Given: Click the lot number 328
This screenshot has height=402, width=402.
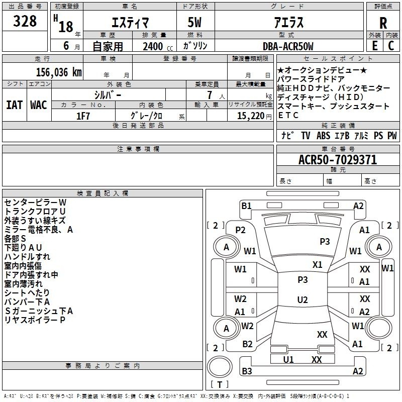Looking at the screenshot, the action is [25, 21].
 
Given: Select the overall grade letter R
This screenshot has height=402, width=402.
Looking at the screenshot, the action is [383, 23].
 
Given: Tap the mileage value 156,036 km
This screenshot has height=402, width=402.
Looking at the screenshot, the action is [59, 72].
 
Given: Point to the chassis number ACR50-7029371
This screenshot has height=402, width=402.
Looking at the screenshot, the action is [338, 160].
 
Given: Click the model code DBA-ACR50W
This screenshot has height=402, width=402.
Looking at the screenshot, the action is [288, 46].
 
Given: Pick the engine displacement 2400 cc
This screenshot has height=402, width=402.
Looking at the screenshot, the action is [158, 47].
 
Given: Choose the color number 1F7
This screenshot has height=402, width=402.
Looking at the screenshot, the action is [83, 116].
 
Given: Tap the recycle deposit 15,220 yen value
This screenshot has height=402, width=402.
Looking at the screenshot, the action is [254, 116].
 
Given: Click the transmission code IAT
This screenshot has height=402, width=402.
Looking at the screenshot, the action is [15, 105].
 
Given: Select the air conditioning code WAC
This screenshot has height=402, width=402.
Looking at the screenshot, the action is [39, 105].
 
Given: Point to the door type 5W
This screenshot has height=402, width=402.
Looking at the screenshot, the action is [194, 22].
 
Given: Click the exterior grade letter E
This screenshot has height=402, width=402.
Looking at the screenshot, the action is [374, 46].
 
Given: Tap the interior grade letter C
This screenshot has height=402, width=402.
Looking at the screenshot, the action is [391, 46].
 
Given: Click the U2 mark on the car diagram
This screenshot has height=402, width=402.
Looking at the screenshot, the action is [303, 299].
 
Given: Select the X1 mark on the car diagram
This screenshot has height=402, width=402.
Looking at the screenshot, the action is [318, 265].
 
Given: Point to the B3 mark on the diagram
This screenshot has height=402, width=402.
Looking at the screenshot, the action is [247, 371].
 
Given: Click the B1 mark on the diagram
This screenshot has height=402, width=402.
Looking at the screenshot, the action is [246, 206].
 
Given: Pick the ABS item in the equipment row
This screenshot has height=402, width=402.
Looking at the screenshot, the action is [323, 136].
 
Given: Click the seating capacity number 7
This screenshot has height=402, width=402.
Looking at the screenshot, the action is [210, 95].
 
